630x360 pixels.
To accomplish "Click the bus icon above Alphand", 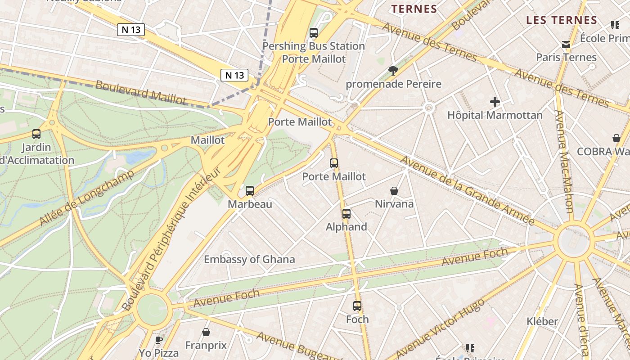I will point(346,213).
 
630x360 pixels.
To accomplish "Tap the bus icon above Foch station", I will point(357,306).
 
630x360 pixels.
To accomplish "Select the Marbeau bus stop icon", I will point(250,191).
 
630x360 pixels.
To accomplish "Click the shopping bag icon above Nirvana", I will point(394,191).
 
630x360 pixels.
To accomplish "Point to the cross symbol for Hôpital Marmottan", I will point(495,102).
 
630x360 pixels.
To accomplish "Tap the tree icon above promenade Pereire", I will point(393,70).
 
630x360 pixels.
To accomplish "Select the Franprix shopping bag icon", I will point(206,332).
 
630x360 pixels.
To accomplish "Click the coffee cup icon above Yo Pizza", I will point(158,339).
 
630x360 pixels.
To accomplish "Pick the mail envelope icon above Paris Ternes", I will point(566,44).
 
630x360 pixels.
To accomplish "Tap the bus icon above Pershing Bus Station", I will point(314,33).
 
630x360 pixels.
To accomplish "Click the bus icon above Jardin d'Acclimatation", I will point(36,134).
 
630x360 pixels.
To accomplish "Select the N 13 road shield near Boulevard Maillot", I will point(234,75).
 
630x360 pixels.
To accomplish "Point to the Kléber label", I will point(542,321).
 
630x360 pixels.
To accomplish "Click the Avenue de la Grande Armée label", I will point(467,191).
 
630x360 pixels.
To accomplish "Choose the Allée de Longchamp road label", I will point(87,198).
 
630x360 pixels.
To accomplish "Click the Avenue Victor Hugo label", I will point(440,328).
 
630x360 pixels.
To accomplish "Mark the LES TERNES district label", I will point(561,20).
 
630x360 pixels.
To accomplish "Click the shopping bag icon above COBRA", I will point(616,138).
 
